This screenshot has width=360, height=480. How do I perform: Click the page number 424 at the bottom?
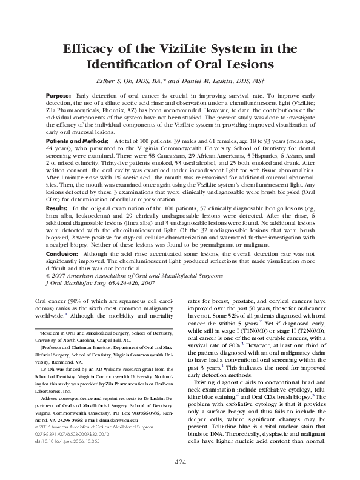coord(180,462)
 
